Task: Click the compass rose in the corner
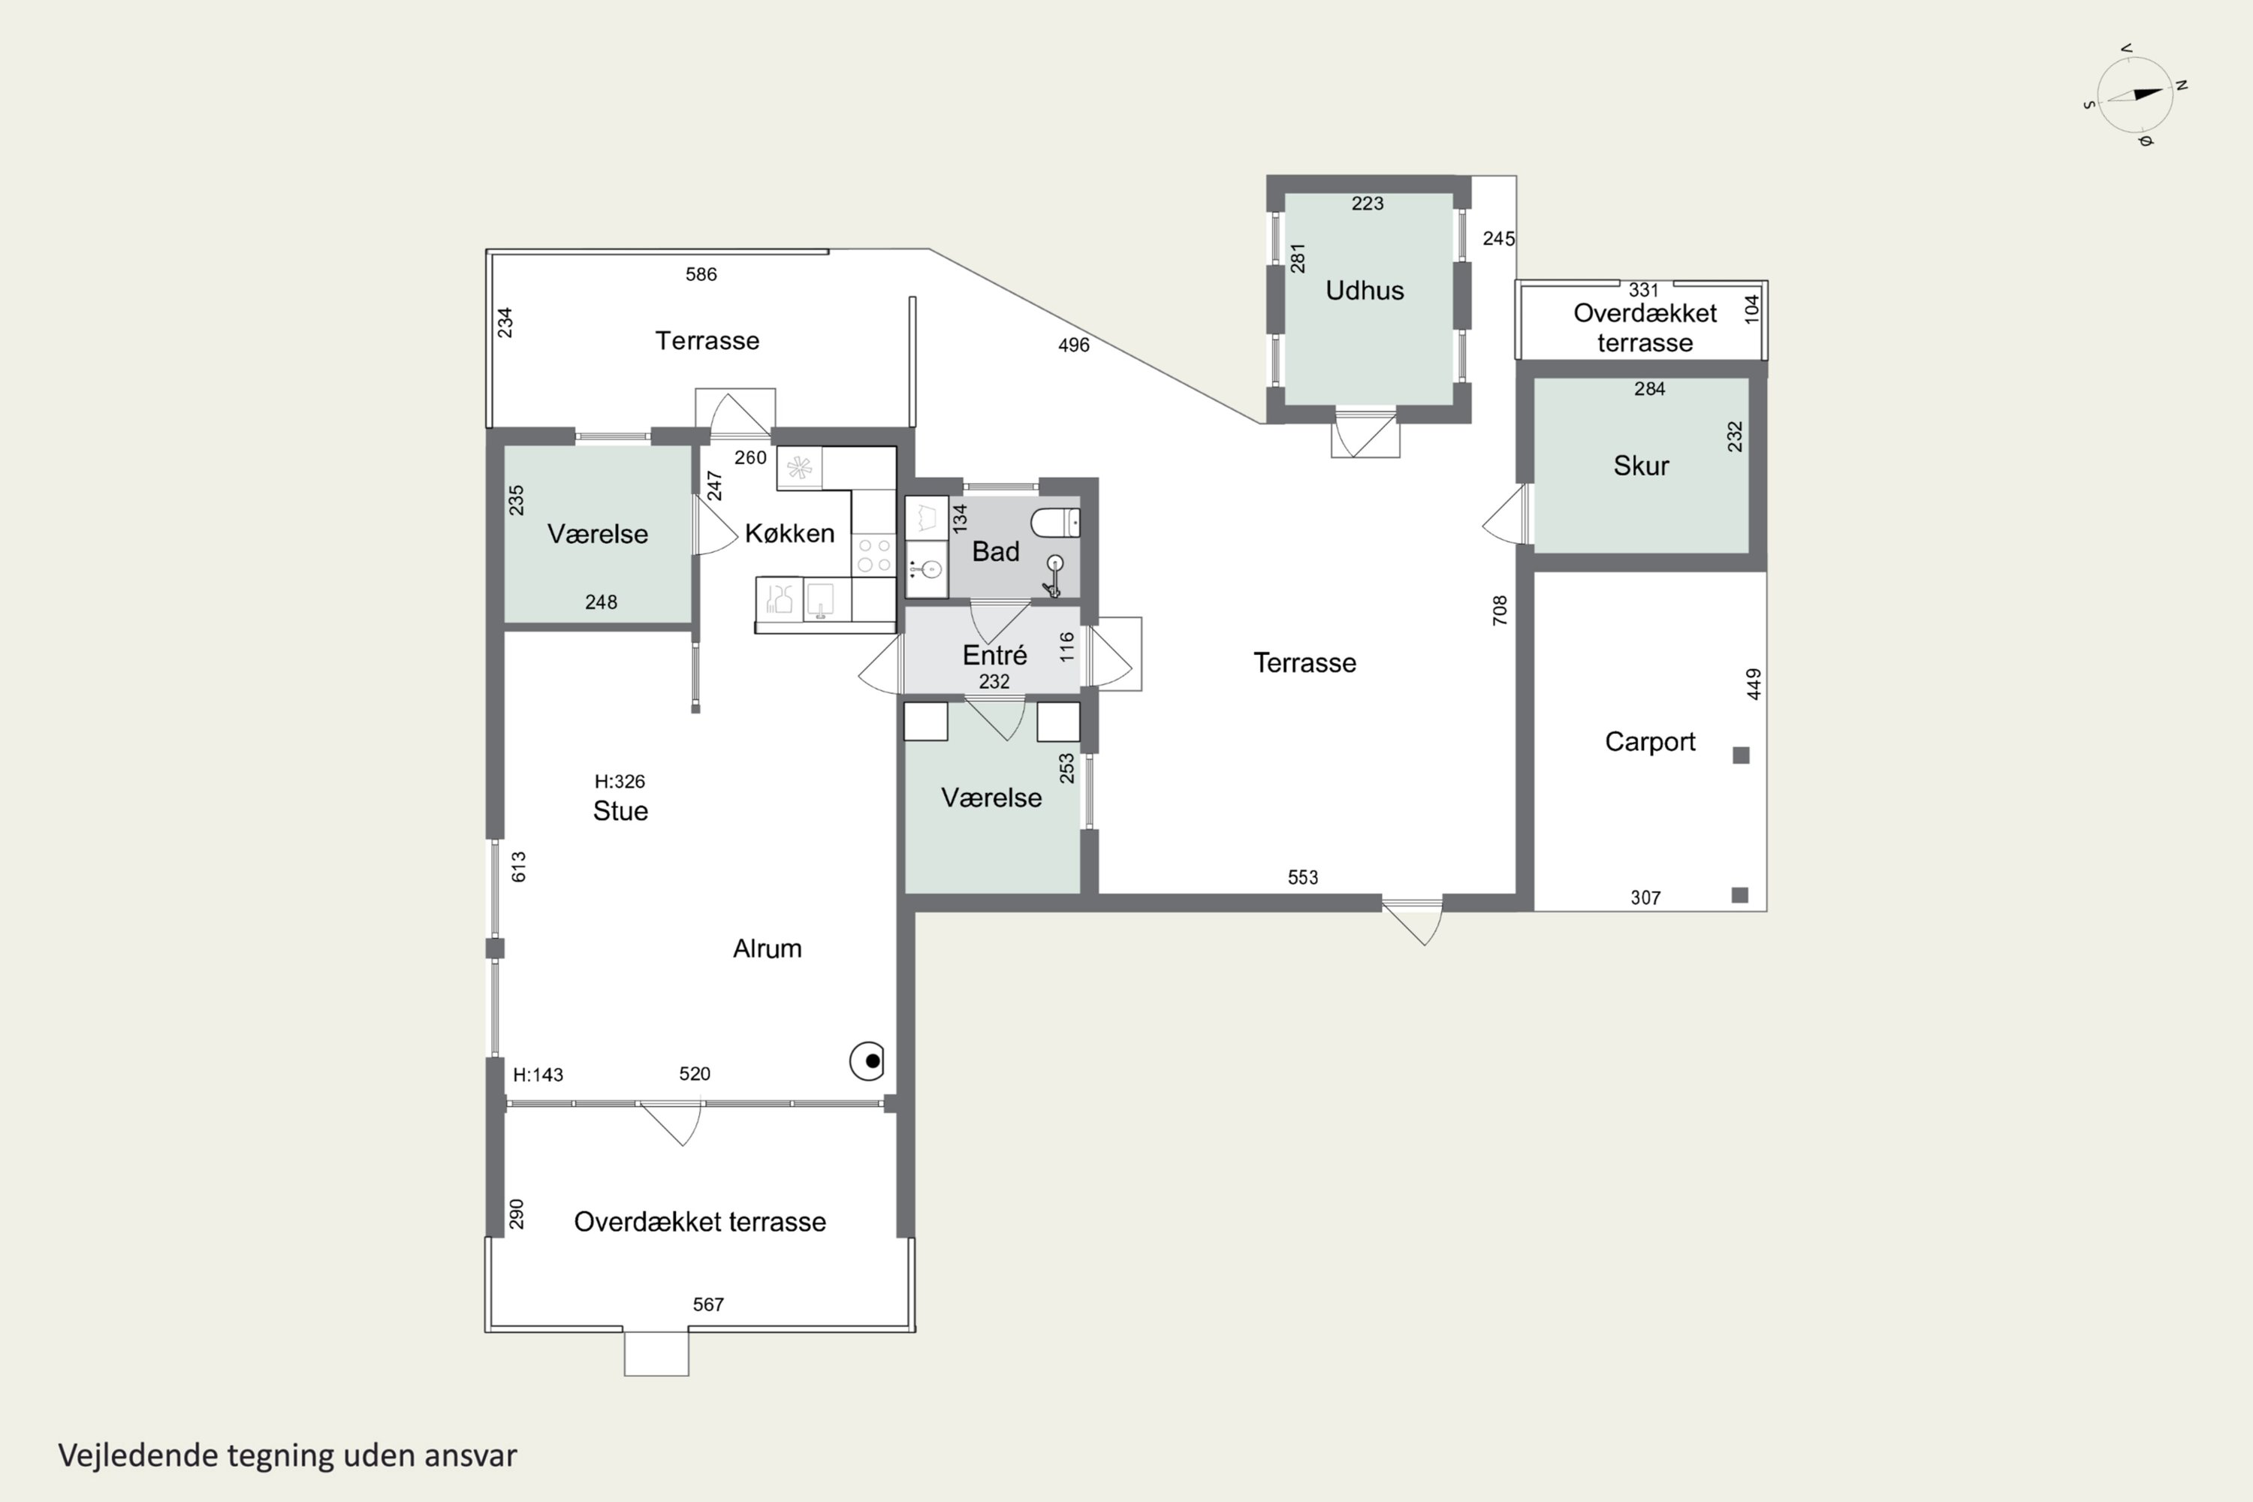(2136, 95)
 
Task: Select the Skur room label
(1641, 466)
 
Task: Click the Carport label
(1649, 743)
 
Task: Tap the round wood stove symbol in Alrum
(867, 1061)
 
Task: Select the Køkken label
(789, 533)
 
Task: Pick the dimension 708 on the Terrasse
(1500, 610)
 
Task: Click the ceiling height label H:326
(620, 782)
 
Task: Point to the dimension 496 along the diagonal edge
(1074, 345)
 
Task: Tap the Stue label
(621, 811)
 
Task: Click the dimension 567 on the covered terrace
(708, 1304)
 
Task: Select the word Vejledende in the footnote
(138, 1456)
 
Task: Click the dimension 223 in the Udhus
(1367, 204)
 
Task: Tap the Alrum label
(768, 949)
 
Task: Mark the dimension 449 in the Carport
(1753, 684)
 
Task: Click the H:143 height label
(538, 1075)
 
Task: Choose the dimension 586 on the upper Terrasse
(701, 275)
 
